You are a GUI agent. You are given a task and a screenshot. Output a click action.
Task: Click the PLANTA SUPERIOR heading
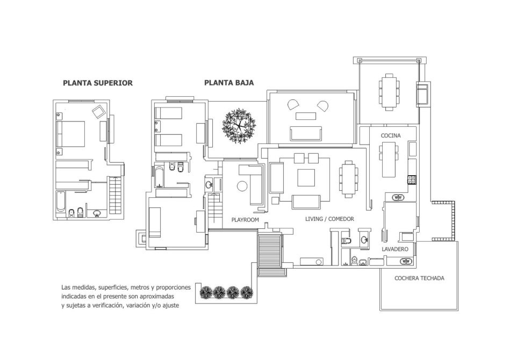98,83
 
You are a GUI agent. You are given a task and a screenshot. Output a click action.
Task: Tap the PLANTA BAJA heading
229,83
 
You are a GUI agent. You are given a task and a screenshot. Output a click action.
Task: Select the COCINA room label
391,135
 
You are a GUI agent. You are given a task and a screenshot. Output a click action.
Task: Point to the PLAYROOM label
245,220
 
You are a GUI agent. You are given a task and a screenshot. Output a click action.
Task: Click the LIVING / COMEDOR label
329,219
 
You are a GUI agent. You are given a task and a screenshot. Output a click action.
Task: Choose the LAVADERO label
395,249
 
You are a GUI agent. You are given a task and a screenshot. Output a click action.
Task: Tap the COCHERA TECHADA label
419,278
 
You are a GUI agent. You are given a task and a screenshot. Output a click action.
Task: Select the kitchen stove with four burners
412,180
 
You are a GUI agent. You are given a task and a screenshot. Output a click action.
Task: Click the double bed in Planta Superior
70,134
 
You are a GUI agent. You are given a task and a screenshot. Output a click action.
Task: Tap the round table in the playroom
242,186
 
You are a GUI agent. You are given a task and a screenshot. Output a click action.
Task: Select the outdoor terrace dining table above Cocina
389,92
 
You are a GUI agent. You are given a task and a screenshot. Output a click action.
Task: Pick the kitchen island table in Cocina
389,160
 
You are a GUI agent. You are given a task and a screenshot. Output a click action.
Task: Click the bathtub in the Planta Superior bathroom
61,202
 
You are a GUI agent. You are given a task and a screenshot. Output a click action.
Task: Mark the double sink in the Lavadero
406,261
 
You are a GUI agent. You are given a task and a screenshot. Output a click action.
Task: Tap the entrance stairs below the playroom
270,251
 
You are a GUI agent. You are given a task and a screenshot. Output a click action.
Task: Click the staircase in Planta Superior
115,196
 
